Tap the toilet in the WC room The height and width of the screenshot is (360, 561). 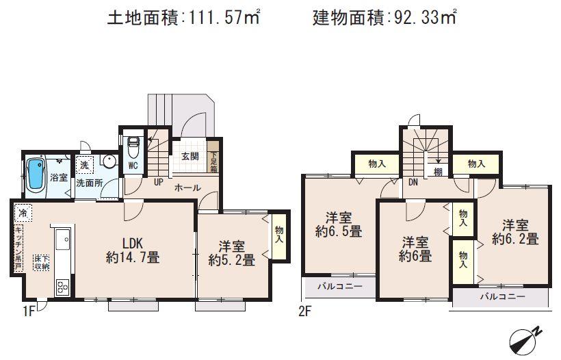click(x=133, y=146)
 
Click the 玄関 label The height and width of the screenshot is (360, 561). click(x=190, y=156)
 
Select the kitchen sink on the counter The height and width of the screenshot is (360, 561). click(x=62, y=240)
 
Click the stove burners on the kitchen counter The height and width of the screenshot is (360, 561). click(x=62, y=286)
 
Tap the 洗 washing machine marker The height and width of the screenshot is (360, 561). click(x=84, y=164)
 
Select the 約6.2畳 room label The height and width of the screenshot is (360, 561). click(x=514, y=239)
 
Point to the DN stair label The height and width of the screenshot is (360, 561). click(x=413, y=183)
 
